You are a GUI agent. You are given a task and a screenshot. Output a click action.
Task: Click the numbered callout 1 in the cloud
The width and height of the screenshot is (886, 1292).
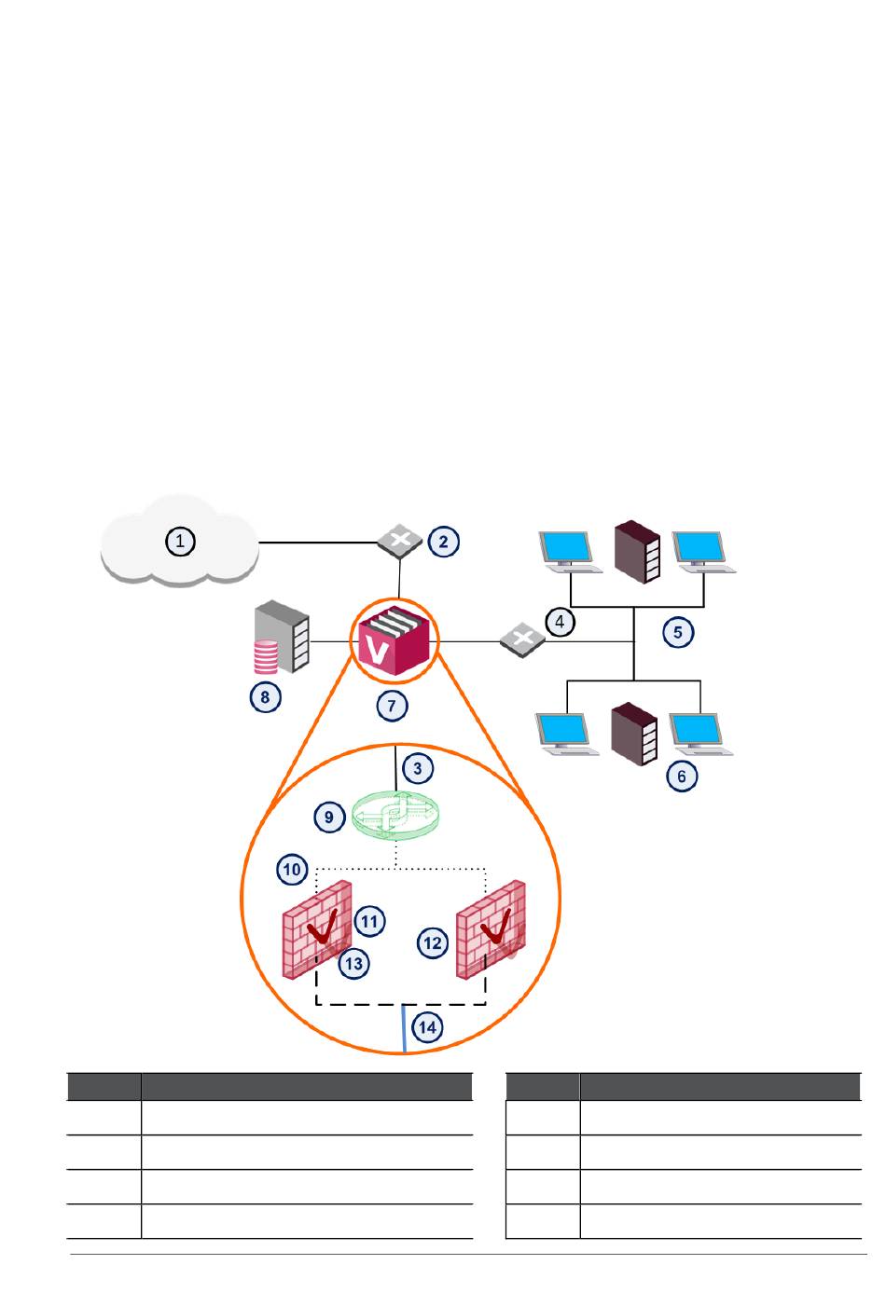(180, 541)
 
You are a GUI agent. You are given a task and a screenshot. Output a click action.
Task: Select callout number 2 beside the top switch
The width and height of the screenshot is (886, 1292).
(443, 542)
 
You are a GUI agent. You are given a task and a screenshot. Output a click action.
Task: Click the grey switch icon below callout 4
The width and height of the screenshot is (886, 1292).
(522, 639)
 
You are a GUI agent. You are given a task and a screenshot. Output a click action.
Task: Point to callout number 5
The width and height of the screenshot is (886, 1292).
(678, 632)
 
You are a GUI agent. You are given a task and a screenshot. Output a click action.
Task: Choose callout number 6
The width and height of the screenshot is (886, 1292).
(682, 777)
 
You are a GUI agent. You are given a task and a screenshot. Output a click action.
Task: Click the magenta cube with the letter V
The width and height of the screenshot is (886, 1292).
(395, 640)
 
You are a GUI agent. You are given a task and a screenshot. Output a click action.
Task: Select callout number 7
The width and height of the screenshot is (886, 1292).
(392, 706)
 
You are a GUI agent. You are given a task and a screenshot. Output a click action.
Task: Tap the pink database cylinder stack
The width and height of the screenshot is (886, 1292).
(266, 657)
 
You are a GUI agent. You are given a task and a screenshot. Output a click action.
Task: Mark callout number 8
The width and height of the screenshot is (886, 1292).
(265, 696)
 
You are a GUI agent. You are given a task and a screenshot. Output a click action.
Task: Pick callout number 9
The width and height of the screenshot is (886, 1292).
(329, 817)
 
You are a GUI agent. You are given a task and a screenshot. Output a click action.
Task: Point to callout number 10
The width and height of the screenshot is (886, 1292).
(292, 869)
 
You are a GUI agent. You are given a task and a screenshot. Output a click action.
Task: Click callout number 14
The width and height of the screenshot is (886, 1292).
(428, 1027)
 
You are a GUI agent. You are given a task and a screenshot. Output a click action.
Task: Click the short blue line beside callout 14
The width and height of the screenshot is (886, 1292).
(404, 1028)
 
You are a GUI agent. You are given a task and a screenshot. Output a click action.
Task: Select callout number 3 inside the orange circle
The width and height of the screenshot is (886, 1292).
(417, 768)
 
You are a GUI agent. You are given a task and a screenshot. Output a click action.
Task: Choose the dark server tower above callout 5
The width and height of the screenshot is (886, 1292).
(637, 552)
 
